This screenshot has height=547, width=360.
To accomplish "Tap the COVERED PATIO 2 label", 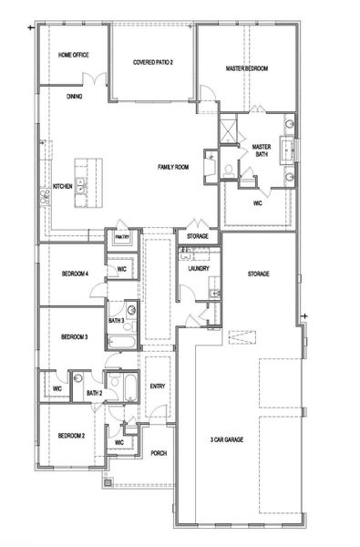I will coord(153,61).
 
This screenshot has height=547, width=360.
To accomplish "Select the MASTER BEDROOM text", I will coord(247,68).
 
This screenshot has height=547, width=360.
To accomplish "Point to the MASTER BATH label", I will coord(262,150).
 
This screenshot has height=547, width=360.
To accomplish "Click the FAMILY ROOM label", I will coord(173,167).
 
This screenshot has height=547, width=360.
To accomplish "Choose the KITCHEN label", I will coord(62,186).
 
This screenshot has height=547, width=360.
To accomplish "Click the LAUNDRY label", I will coord(200,270).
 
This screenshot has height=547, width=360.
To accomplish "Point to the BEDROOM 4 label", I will coord(75,273).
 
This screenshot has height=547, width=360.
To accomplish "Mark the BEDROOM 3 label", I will coord(75,336).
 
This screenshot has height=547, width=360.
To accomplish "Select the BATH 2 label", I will coord(94,393).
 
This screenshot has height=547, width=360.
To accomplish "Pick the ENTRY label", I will coord(158,386).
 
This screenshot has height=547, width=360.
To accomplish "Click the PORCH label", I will coord(158,453).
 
